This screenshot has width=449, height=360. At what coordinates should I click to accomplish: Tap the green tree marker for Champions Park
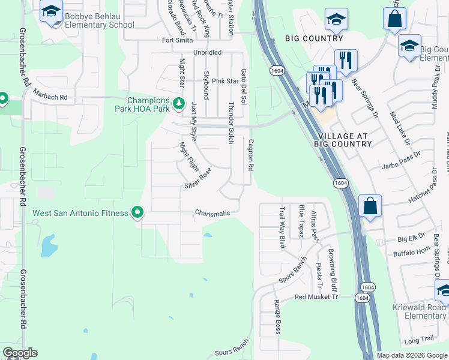click(x=178, y=104)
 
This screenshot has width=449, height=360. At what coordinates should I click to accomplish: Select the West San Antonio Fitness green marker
click(x=137, y=212)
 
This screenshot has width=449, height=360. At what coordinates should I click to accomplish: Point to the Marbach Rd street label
click(x=50, y=97)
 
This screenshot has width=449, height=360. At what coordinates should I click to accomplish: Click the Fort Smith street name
click(x=178, y=40)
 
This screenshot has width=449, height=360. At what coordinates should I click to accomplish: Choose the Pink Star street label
click(x=225, y=81)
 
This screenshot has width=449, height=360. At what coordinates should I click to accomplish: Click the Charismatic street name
click(x=212, y=213)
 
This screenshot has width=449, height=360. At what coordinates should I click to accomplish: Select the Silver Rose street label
click(x=198, y=178)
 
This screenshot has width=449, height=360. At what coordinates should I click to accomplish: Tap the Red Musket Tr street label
click(x=316, y=297)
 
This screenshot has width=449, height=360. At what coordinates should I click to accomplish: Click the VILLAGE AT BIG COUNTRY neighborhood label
click(x=342, y=140)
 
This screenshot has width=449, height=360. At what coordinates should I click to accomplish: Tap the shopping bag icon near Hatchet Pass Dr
click(x=370, y=206)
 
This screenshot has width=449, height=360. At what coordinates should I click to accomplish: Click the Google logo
click(x=20, y=353)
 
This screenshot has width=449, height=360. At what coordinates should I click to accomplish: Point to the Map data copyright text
click(x=411, y=355)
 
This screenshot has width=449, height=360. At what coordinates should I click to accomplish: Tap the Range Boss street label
click(x=277, y=317)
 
